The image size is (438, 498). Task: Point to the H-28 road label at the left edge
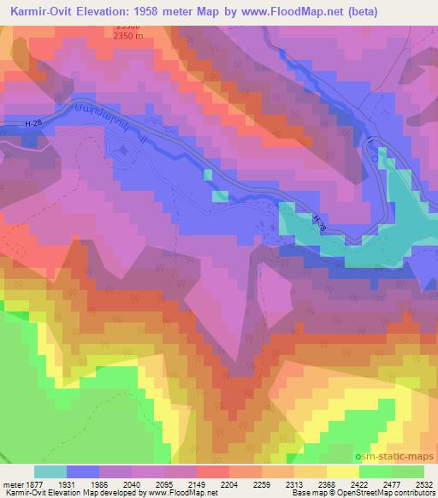[x=33, y=125]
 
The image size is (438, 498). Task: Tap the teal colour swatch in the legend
[x=50, y=471]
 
